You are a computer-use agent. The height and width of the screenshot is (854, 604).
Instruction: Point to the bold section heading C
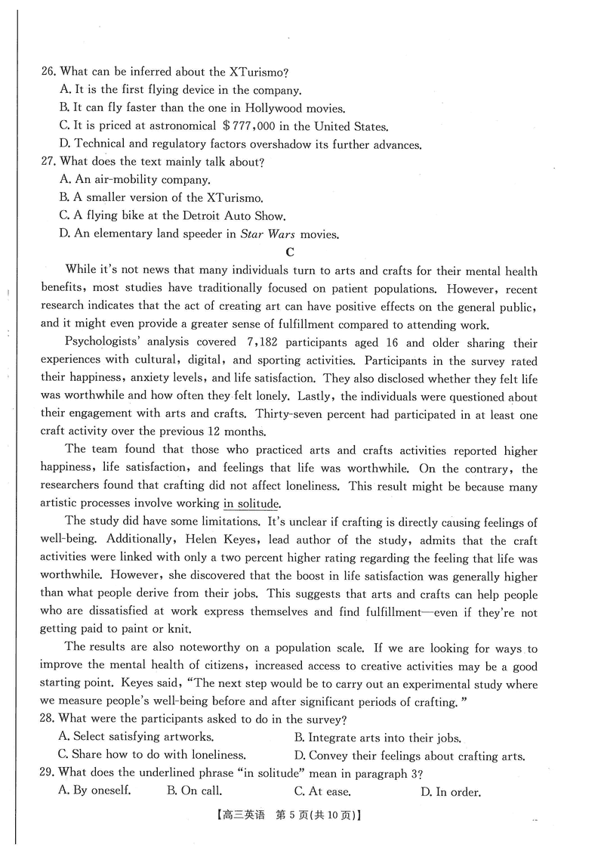(290, 252)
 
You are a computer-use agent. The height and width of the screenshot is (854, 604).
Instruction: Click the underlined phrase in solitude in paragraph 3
(251, 504)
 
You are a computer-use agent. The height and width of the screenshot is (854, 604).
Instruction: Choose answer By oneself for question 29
(96, 792)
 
